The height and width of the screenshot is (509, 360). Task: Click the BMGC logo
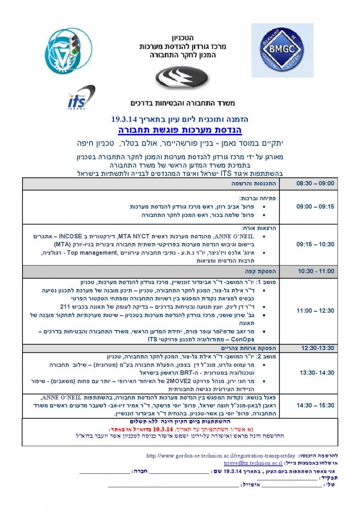tap(282, 50)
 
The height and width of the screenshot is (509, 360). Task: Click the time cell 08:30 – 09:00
tap(315, 184)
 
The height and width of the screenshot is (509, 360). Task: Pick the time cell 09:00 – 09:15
tap(315, 207)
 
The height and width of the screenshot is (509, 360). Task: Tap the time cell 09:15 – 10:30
tap(315, 244)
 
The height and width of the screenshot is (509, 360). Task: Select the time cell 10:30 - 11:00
tap(315, 271)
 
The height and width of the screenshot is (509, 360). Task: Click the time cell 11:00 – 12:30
tap(315, 310)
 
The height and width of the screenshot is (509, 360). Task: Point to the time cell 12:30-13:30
tap(315, 348)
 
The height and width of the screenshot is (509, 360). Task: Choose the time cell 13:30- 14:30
tap(315, 372)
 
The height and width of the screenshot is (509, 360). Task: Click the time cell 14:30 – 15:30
tap(315, 405)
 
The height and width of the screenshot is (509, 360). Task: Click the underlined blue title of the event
tap(180, 129)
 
